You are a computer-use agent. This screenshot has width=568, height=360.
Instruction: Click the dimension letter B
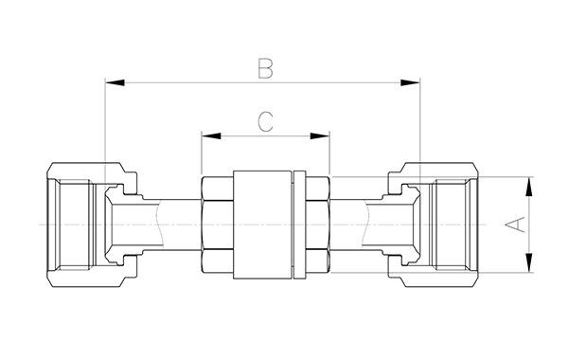point(265,69)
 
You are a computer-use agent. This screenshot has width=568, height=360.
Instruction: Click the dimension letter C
point(265,122)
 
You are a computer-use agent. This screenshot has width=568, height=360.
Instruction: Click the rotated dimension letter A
point(515,225)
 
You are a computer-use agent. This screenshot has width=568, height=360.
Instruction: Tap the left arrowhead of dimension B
point(115,82)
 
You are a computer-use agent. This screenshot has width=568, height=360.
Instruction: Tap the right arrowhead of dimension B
point(411,82)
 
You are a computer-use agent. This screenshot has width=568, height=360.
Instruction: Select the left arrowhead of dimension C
point(211,136)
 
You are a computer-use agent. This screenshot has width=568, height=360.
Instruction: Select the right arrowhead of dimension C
point(320,136)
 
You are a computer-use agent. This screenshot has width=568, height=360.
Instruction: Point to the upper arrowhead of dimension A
point(529,187)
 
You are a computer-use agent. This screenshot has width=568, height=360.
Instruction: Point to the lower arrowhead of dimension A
point(529,262)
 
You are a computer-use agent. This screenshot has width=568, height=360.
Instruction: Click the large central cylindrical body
point(262,225)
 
